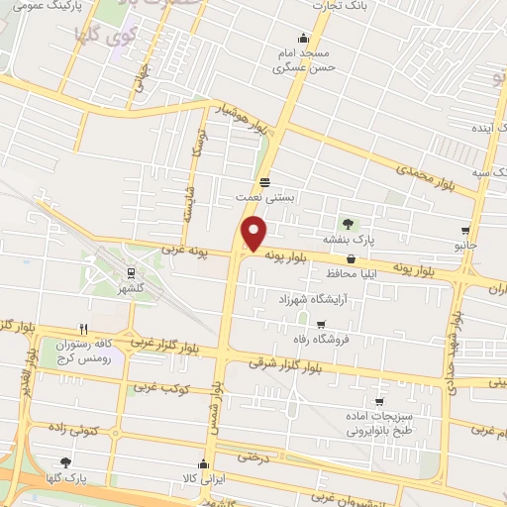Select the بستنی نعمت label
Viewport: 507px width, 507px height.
[x=264, y=198]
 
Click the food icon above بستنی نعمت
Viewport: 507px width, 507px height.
[x=264, y=182]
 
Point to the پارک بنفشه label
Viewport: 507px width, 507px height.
[x=347, y=240]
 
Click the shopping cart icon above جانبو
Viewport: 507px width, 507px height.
[x=464, y=230]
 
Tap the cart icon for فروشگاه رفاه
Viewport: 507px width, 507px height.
[x=320, y=324]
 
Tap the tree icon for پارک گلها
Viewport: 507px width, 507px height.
[x=64, y=462]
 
